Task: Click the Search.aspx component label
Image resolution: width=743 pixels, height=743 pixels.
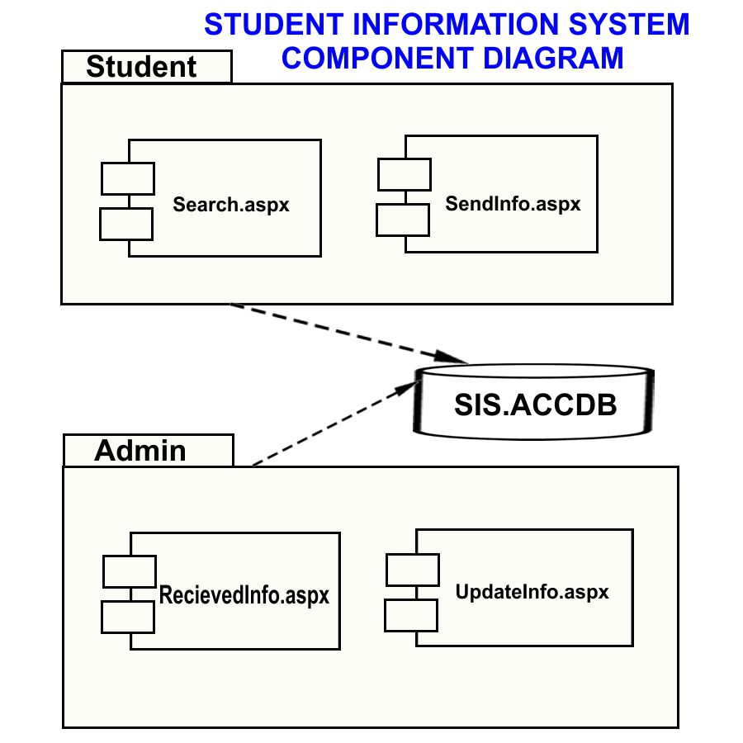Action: [x=231, y=204]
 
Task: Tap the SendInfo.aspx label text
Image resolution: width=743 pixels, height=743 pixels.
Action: [x=513, y=203]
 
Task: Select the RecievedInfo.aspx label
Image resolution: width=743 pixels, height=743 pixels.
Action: [x=244, y=594]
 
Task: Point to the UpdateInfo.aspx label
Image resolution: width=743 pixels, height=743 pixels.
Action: [x=532, y=592]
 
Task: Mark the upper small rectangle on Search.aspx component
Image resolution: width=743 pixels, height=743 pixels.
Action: [x=128, y=178]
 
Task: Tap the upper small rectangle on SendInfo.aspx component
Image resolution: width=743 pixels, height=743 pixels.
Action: [x=405, y=174]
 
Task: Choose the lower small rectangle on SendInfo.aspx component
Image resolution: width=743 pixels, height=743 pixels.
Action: [x=403, y=220]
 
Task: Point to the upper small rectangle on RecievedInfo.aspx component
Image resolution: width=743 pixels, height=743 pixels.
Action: [x=130, y=571]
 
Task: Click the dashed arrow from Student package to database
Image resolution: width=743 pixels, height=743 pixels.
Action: [x=347, y=333]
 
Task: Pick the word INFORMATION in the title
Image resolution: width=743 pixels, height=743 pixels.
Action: [x=462, y=25]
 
